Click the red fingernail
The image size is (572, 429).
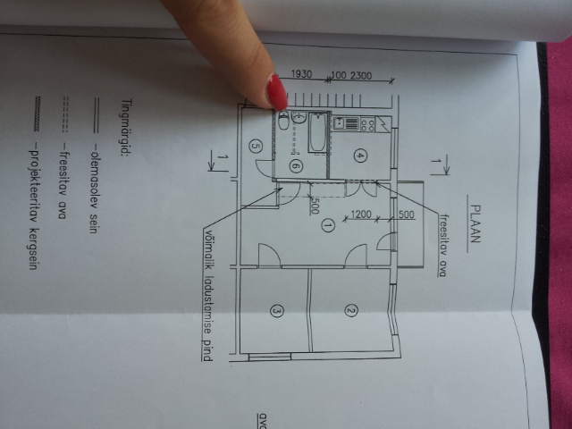coord(278,92)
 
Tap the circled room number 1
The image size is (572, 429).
coord(328,226)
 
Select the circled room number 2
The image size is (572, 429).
coord(351,311)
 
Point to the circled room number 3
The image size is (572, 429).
coord(276,311)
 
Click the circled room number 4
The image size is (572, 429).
coord(360,156)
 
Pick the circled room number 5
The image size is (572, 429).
coord(256,147)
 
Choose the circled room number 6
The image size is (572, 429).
coord(296,167)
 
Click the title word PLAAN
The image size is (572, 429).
coord(475,224)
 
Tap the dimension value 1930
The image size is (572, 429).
coord(302,74)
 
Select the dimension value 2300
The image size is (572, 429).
coord(361,76)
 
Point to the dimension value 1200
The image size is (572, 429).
coord(361,214)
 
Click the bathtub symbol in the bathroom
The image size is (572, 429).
coord(317,132)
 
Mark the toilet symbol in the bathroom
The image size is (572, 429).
coord(283,121)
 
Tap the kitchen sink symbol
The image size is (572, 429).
coord(340,123)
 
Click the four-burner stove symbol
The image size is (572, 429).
coord(367,124)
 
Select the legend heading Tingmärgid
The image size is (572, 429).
coord(126,127)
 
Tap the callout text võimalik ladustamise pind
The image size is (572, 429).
coord(207,295)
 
